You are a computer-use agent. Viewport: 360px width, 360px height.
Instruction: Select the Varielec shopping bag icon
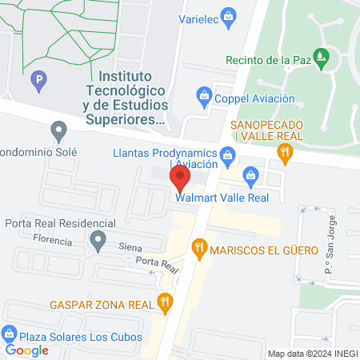coord(229,15)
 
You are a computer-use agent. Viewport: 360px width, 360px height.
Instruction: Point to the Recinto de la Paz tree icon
coord(322,57)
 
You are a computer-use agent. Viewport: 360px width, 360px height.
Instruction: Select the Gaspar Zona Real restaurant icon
coord(165,302)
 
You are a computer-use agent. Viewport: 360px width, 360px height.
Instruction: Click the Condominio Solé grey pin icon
coord(58,130)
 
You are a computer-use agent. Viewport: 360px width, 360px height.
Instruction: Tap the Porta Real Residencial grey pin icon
coord(98,239)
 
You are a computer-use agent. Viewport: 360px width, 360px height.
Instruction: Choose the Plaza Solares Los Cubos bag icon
coord(10,333)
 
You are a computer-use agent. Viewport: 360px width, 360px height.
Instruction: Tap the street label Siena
coord(130,247)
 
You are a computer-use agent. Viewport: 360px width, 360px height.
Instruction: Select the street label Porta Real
coord(156,263)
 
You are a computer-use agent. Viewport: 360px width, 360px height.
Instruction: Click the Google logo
coord(26,349)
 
